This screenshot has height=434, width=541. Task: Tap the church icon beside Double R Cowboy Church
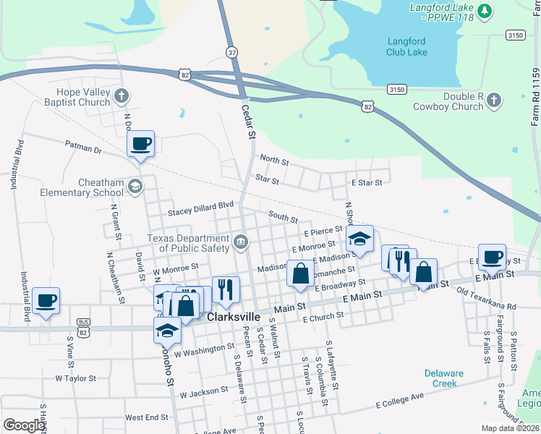(494, 100)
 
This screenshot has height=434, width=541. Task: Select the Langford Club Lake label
(406, 46)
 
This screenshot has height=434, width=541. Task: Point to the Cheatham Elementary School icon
(135, 187)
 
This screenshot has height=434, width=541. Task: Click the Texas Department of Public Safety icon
(240, 240)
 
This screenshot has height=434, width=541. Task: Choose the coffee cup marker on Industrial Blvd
(46, 301)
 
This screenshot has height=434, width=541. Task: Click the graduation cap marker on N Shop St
(359, 239)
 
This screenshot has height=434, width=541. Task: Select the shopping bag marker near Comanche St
(300, 274)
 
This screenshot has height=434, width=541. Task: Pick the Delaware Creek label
(443, 378)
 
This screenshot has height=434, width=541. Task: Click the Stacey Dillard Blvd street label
(201, 210)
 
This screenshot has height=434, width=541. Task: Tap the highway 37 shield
(231, 53)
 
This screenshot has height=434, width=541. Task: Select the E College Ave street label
(399, 402)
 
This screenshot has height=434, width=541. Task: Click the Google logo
(24, 425)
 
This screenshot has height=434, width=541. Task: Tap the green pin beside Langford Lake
(485, 11)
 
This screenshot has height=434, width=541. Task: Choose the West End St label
(147, 417)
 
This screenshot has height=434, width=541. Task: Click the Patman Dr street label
(84, 148)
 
